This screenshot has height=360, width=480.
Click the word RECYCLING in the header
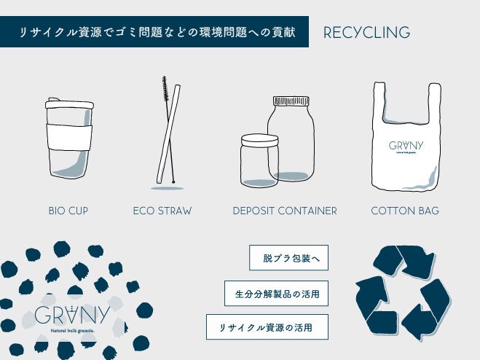click(x=366, y=33)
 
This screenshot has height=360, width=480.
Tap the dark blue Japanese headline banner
click(x=154, y=33)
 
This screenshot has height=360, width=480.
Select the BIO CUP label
click(x=68, y=211)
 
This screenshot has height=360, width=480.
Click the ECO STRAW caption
click(x=162, y=211)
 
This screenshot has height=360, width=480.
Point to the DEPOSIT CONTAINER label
click(x=285, y=211)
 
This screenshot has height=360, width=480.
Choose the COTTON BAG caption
click(x=405, y=211)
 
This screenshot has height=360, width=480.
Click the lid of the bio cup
click(x=69, y=104)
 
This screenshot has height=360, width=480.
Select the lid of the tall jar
click(x=290, y=101)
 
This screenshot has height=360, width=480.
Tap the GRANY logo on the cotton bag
click(x=406, y=145)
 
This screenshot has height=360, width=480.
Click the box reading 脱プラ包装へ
click(x=289, y=257)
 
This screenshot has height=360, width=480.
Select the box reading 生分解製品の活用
click(x=276, y=293)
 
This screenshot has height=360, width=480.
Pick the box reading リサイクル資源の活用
click(x=267, y=327)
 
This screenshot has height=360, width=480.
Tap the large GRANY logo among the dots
click(x=71, y=316)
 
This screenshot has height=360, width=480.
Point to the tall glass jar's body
click(x=291, y=142)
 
